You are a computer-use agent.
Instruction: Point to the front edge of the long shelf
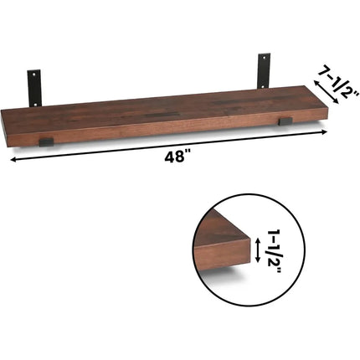pos(167,127)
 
